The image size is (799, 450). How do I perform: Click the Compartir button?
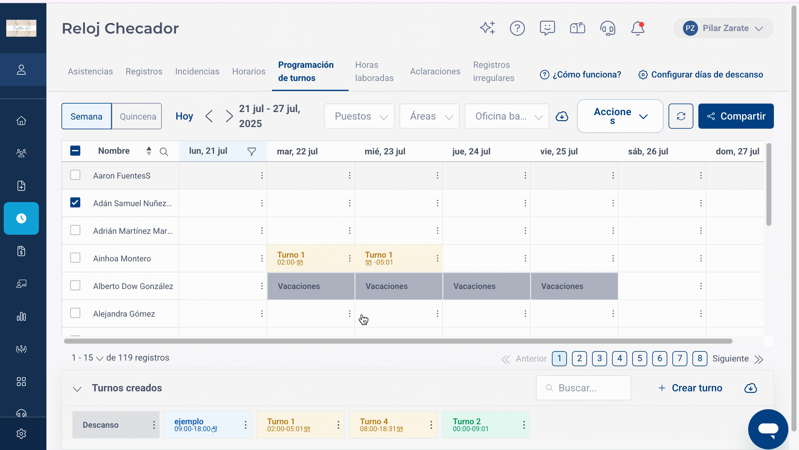736,116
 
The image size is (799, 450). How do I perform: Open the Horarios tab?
249,72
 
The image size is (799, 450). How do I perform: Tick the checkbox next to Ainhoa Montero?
75,258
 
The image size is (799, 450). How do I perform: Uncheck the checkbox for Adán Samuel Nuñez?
75,203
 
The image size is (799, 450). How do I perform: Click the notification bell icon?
638,28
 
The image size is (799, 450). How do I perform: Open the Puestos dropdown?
359,116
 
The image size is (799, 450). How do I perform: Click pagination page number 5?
640,358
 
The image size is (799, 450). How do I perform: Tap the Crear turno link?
691,388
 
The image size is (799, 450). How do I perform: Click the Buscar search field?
584,388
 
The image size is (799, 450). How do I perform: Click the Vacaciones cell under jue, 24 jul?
486,286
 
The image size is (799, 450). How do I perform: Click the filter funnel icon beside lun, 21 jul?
252,152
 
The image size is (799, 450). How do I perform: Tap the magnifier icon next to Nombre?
164,152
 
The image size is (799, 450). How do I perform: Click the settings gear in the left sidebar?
21,434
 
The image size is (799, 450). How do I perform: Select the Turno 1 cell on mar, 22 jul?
311,258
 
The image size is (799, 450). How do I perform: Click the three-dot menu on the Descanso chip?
154,425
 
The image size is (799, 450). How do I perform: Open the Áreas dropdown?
430,116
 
